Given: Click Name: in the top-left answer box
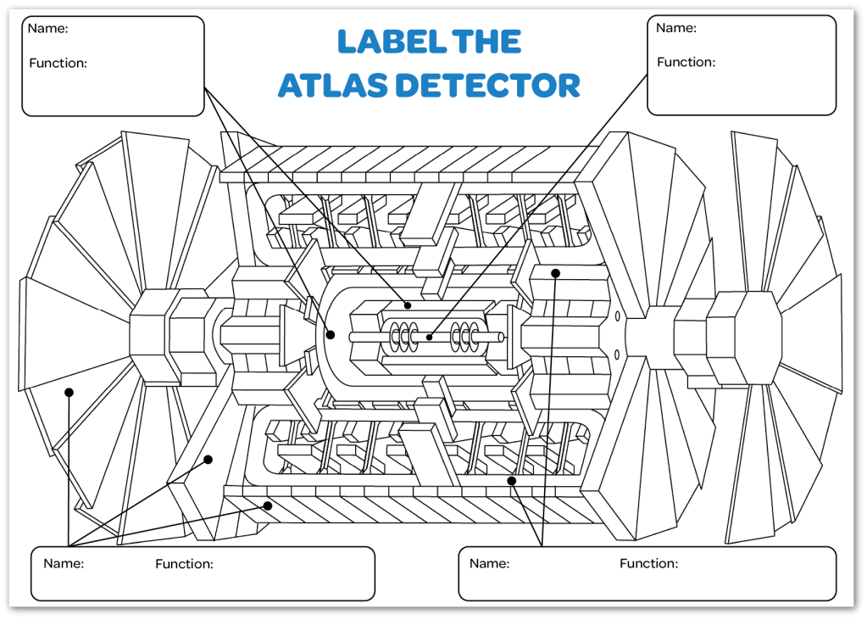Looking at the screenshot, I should click(x=48, y=29).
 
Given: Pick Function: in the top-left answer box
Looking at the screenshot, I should click(x=58, y=63).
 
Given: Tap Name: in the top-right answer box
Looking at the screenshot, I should click(x=676, y=28).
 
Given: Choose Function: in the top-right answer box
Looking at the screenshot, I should click(x=686, y=62).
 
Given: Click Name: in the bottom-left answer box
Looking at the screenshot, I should click(x=64, y=563).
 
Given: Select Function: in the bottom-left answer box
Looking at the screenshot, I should click(x=184, y=564).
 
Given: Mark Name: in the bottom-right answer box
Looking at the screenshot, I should click(x=489, y=563).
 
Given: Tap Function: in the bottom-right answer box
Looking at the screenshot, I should click(x=648, y=563).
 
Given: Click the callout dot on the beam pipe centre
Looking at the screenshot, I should click(x=429, y=337).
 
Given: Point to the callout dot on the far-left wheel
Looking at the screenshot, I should click(x=69, y=392).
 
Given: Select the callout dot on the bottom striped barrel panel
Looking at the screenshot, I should click(x=268, y=505).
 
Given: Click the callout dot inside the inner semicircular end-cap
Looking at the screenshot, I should click(x=331, y=335).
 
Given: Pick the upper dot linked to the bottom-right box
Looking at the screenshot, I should click(x=556, y=273).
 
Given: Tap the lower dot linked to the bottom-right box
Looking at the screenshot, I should click(x=512, y=481).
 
